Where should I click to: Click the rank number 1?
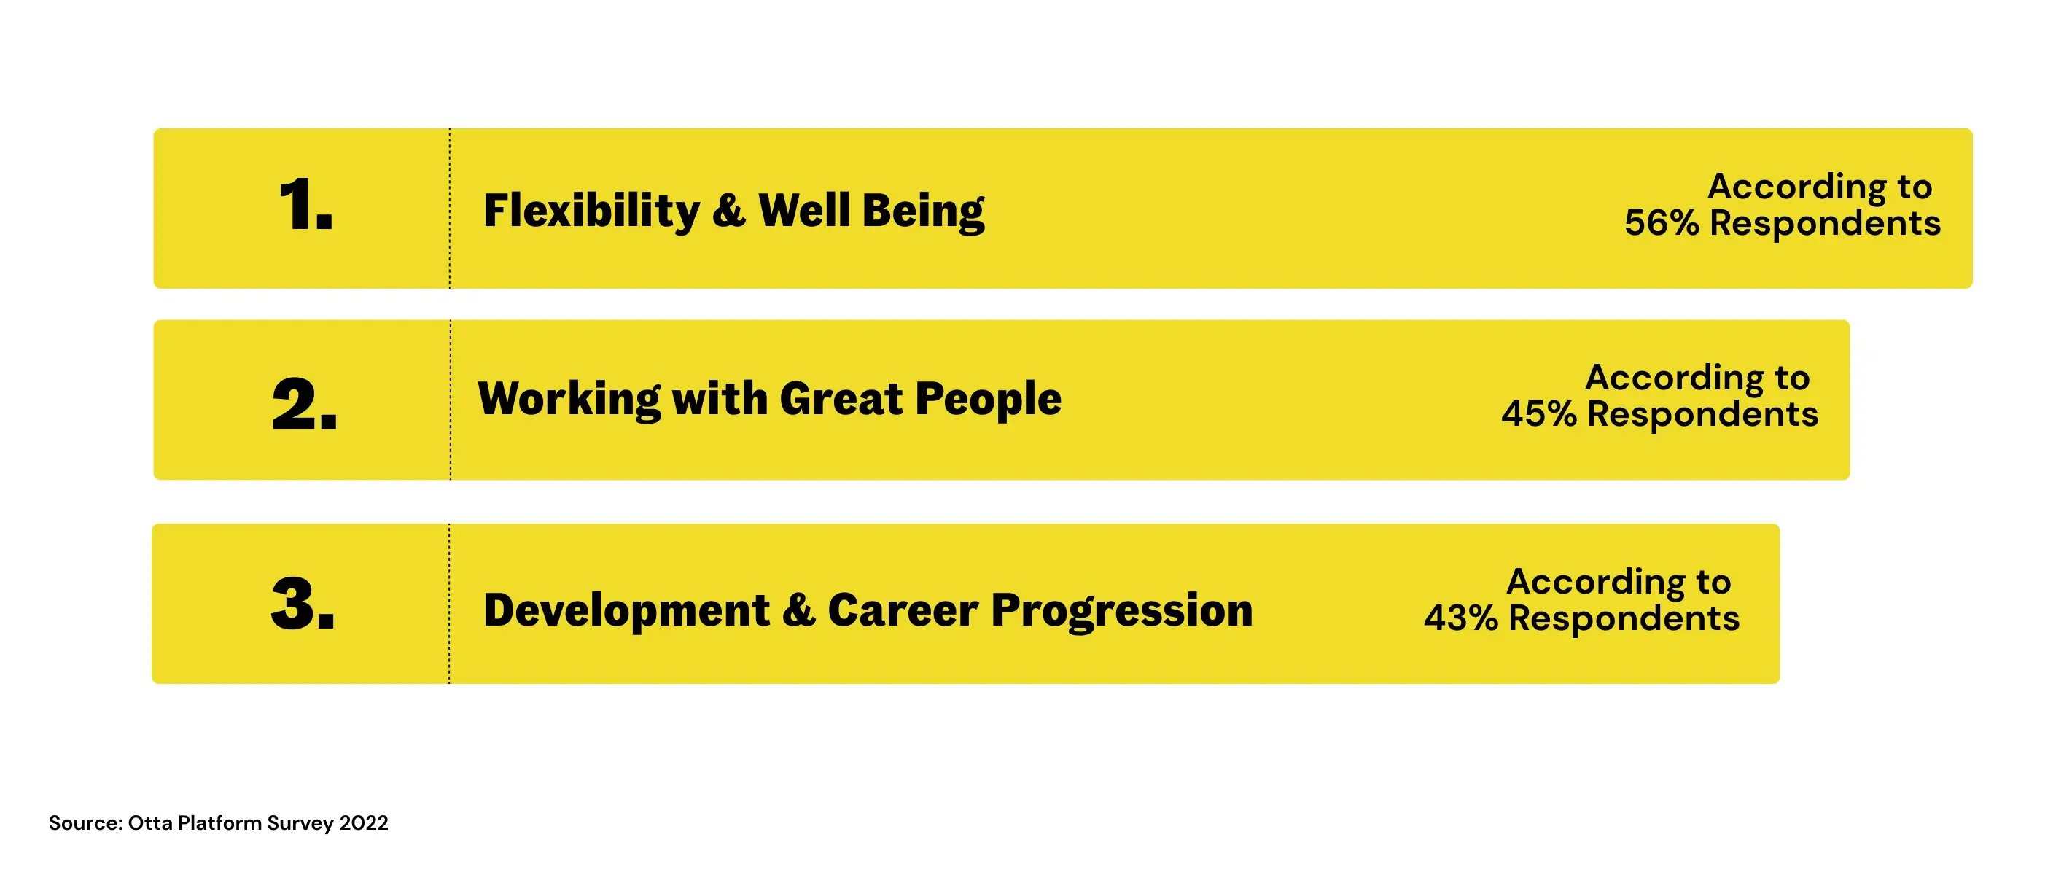(305, 205)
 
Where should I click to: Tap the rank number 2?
(305, 402)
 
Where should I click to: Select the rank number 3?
(303, 603)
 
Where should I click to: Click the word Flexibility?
(592, 211)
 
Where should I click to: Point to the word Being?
(924, 211)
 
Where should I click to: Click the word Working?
(569, 400)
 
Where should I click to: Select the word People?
(989, 400)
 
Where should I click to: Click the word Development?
(626, 610)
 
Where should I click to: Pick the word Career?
(903, 610)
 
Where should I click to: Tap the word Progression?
(1122, 610)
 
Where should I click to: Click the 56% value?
(1662, 223)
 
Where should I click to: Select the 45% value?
(1539, 414)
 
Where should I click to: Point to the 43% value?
(1462, 618)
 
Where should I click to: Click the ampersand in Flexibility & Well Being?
(729, 210)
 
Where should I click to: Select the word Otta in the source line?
(149, 822)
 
